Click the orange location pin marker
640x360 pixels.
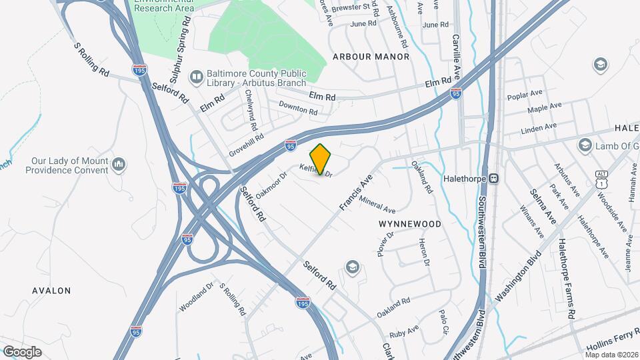321,159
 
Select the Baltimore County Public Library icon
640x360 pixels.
197,77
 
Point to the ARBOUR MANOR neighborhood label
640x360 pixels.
371,57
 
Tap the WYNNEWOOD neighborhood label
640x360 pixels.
410,224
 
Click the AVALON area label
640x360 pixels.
51,291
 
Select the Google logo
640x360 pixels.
22,351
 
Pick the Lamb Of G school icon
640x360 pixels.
585,145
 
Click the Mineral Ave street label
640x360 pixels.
377,204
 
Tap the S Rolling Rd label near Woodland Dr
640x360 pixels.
233,301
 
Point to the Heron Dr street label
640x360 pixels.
423,253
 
